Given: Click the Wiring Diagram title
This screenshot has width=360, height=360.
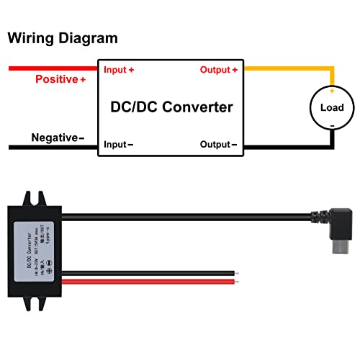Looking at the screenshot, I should pos(63,38).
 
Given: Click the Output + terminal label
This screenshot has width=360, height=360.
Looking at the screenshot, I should pos(218,70).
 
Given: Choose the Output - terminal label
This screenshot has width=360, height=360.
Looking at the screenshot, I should pos(218,144).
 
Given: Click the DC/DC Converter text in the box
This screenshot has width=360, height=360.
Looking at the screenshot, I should pos(171,107).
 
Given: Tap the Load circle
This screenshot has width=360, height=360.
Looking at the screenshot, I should pos(331,108).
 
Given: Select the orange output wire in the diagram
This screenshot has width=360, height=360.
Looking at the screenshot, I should pos(288,69).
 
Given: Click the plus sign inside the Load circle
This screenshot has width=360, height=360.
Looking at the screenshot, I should pos(332,91).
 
